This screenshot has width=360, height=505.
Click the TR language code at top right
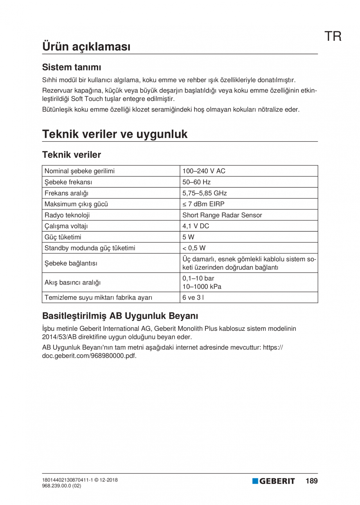tap(333, 36)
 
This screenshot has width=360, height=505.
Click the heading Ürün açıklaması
tap(86, 46)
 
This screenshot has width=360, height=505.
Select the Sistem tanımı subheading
tap(72, 67)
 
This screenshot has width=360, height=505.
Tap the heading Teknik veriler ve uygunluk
tap(115, 134)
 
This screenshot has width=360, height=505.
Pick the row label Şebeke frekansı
tap(68, 182)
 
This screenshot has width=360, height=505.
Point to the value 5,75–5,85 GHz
tap(204, 193)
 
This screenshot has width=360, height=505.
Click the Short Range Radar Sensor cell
tap(222, 215)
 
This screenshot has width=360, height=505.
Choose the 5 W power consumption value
tap(188, 237)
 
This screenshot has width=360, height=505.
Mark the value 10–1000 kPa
tap(202, 287)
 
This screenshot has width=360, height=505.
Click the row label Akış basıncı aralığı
tap(72, 282)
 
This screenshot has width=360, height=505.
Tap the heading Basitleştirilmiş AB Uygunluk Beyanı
tap(120, 315)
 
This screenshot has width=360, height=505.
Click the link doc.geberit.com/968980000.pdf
tap(89, 356)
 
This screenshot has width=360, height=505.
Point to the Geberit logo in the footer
tap(274, 481)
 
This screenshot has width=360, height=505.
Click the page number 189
tap(311, 481)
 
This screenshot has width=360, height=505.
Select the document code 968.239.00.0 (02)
tap(61, 486)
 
